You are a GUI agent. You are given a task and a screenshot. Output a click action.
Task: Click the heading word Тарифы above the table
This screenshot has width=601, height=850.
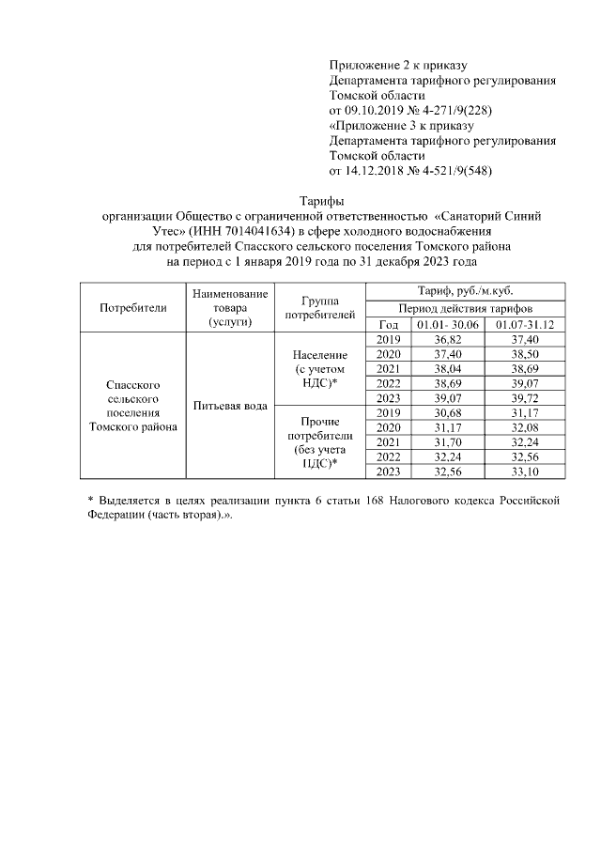click(x=321, y=201)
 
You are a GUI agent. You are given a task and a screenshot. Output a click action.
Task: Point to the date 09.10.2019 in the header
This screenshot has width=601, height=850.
click(x=378, y=110)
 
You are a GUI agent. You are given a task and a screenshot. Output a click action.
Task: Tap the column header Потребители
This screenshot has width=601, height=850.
click(x=132, y=306)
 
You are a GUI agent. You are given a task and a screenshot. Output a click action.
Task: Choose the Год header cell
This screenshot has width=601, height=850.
click(x=387, y=323)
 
